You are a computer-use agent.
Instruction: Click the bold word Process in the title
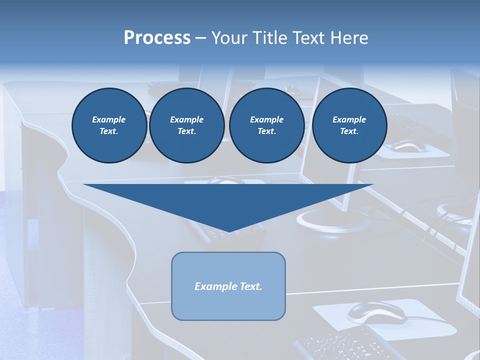pyautogui.click(x=157, y=38)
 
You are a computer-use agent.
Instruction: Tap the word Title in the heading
pyautogui.click(x=268, y=38)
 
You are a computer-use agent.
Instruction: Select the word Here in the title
pyautogui.click(x=348, y=38)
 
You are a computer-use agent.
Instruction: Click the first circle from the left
pyautogui.click(x=109, y=125)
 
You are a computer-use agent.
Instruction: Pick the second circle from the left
pyautogui.click(x=186, y=125)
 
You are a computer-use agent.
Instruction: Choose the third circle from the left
pyautogui.click(x=266, y=125)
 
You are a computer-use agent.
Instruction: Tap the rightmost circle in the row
pyautogui.click(x=349, y=125)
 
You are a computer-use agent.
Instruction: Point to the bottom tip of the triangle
pyautogui.click(x=228, y=231)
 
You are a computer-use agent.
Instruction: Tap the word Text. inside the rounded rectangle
pyautogui.click(x=250, y=286)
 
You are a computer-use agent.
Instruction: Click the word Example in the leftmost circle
pyautogui.click(x=109, y=119)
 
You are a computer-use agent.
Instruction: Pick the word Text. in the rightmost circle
pyautogui.click(x=349, y=131)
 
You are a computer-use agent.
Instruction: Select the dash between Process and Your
pyautogui.click(x=200, y=38)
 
